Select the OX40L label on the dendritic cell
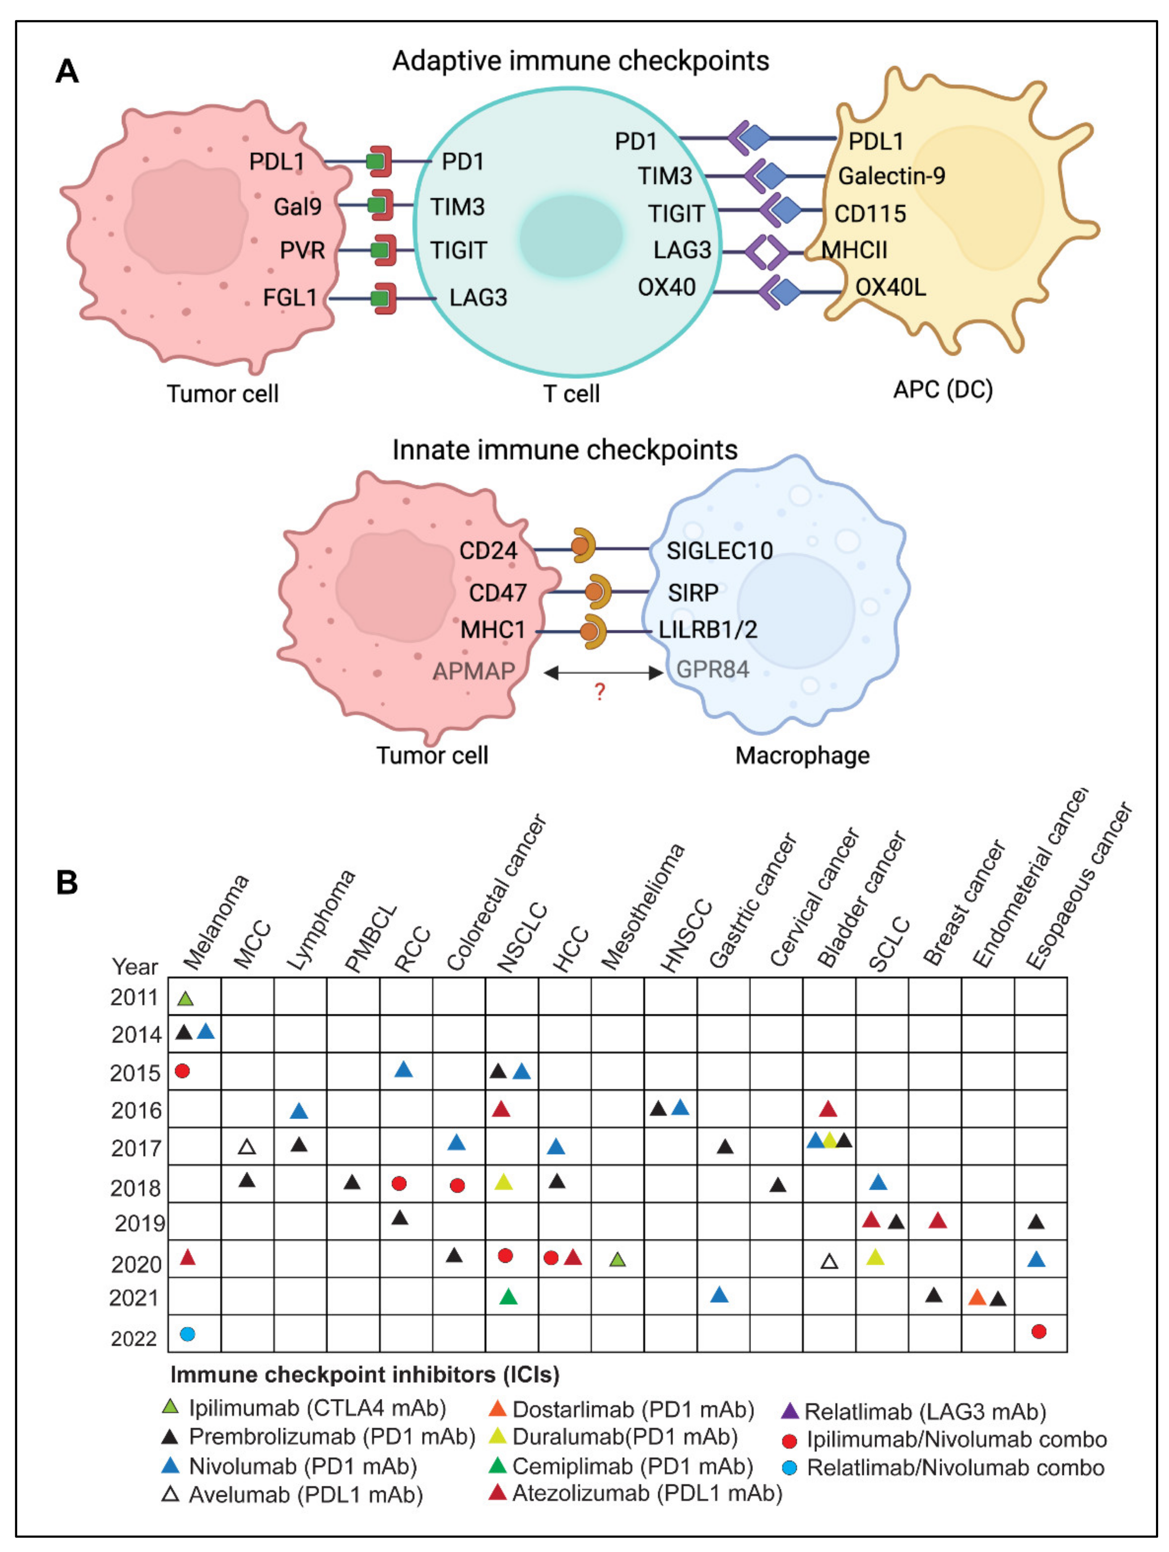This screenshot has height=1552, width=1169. click(890, 287)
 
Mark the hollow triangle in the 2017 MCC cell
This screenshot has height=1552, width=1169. click(246, 1147)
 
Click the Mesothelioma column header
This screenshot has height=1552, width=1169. click(642, 908)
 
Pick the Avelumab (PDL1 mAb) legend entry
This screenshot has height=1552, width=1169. click(305, 1494)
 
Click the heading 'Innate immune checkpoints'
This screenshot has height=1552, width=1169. click(565, 450)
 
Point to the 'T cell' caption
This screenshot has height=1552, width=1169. click(571, 394)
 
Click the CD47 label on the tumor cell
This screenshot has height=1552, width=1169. click(497, 593)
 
